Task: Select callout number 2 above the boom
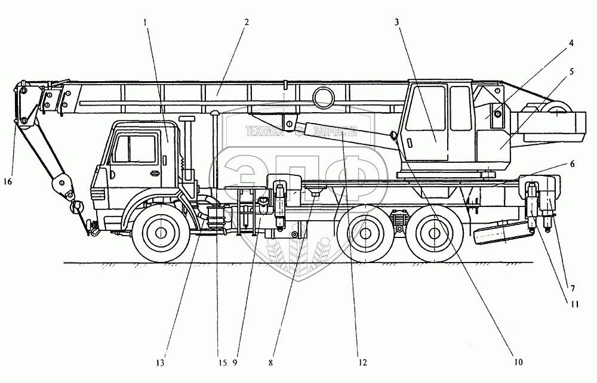(246, 22)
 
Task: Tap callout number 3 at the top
(397, 22)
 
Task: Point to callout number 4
(571, 44)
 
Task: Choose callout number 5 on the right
(571, 72)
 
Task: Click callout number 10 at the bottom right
(518, 362)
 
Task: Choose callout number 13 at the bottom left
(161, 362)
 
